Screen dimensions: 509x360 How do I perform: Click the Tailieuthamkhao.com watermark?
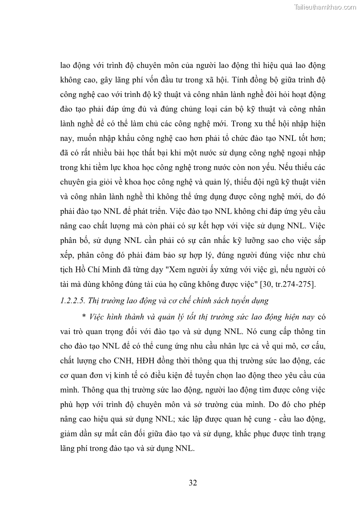tap(325, 7)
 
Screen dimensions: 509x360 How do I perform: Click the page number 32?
tap(193, 483)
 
